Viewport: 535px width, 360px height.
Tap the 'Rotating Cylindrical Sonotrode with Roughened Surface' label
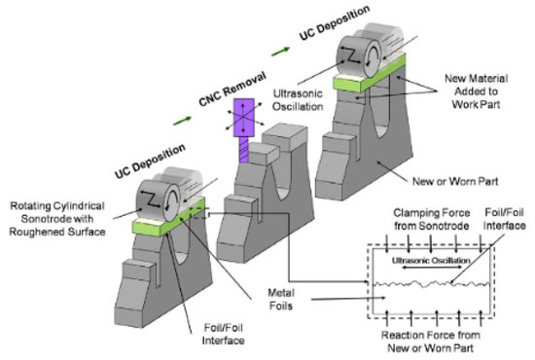[64, 215]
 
